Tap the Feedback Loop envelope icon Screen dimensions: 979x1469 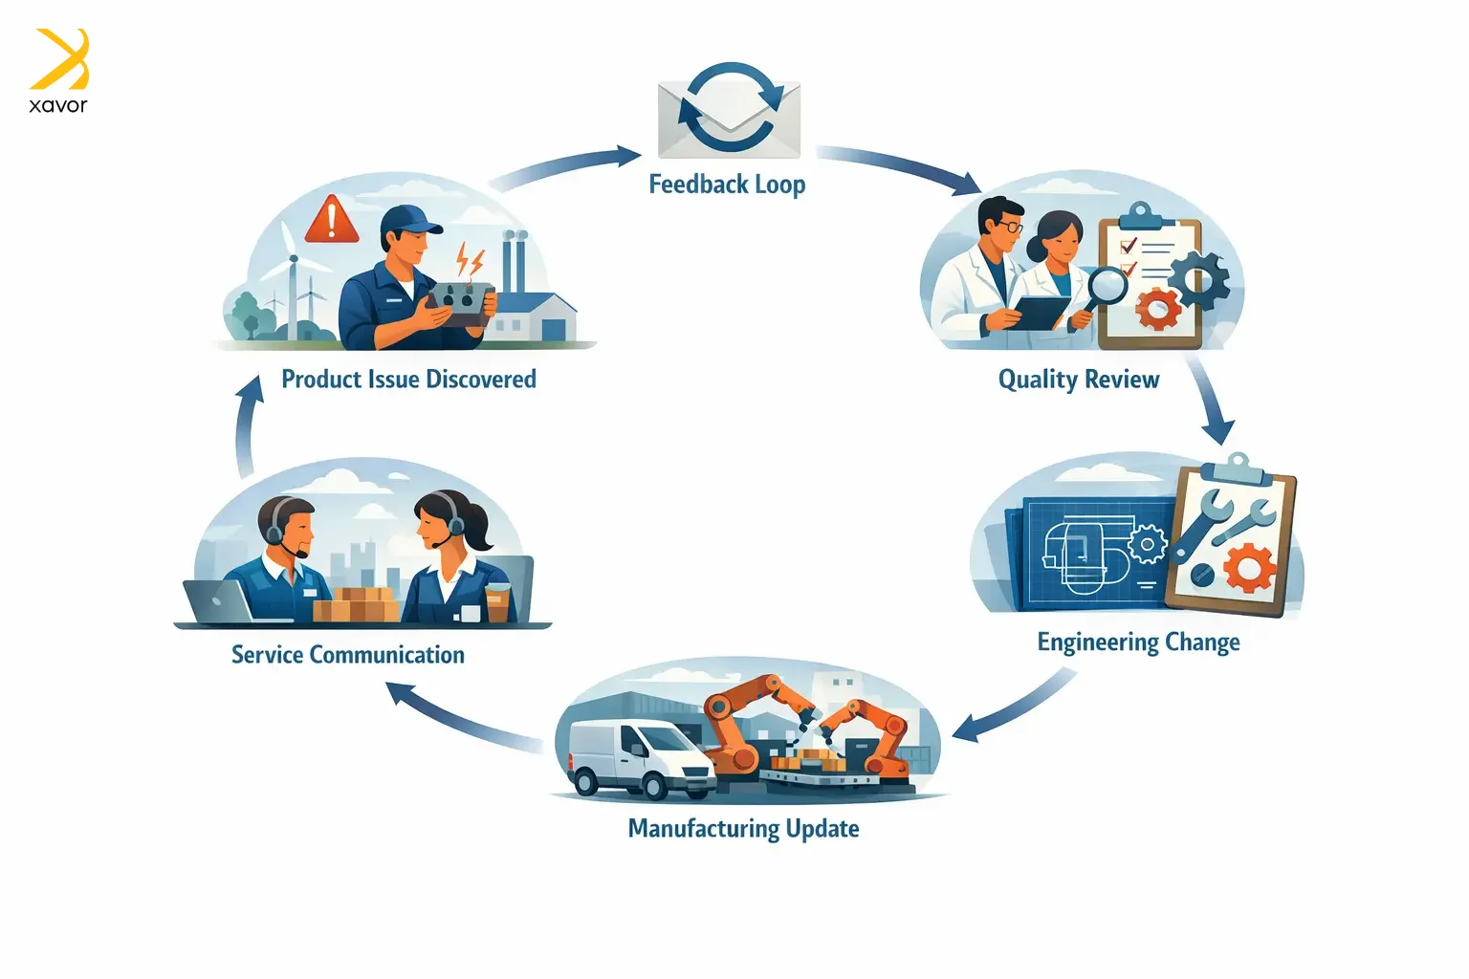pos(729,112)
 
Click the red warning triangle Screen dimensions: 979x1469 pos(331,219)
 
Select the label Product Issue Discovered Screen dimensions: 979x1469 pos(408,380)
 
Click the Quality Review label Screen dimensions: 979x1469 pos(1078,380)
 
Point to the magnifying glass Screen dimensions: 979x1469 pos(1107,288)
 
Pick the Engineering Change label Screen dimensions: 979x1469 pos(1138,642)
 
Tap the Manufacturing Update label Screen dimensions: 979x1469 pos(743,828)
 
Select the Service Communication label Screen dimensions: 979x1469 pos(348,655)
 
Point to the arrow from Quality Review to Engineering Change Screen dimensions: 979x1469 pos(1210,402)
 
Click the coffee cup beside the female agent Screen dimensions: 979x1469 pos(497,603)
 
